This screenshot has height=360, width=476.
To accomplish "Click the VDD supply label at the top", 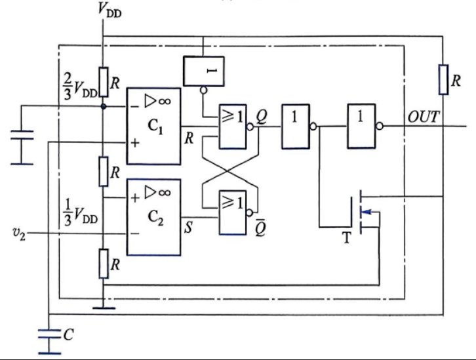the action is pyautogui.click(x=109, y=9).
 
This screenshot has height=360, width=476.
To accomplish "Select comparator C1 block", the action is pyautogui.click(x=153, y=126).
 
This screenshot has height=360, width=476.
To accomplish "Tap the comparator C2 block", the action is pyautogui.click(x=153, y=217).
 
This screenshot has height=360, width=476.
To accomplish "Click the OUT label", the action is pyautogui.click(x=424, y=117).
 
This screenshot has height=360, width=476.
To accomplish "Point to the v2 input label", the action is pyautogui.click(x=19, y=233).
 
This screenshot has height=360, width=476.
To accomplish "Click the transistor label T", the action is pyautogui.click(x=347, y=237).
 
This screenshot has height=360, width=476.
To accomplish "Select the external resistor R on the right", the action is pyautogui.click(x=443, y=79).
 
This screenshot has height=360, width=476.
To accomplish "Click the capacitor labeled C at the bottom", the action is pyautogui.click(x=49, y=342).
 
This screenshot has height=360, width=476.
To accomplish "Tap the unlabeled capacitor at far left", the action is pyautogui.click(x=22, y=148).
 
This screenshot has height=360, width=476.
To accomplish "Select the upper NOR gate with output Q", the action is pyautogui.click(x=233, y=127).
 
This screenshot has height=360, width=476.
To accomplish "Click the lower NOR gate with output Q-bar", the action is pyautogui.click(x=233, y=212).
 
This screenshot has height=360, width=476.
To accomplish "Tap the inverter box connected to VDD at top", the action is pyautogui.click(x=204, y=71).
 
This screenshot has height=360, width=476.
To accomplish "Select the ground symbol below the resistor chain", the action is pyautogui.click(x=104, y=308).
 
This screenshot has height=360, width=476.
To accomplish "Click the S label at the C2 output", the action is pyautogui.click(x=189, y=227).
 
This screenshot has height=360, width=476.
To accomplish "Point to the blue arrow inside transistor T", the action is pyautogui.click(x=367, y=212).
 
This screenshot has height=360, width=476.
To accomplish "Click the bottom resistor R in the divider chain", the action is pyautogui.click(x=104, y=264).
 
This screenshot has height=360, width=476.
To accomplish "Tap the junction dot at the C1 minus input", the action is pyautogui.click(x=104, y=106).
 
